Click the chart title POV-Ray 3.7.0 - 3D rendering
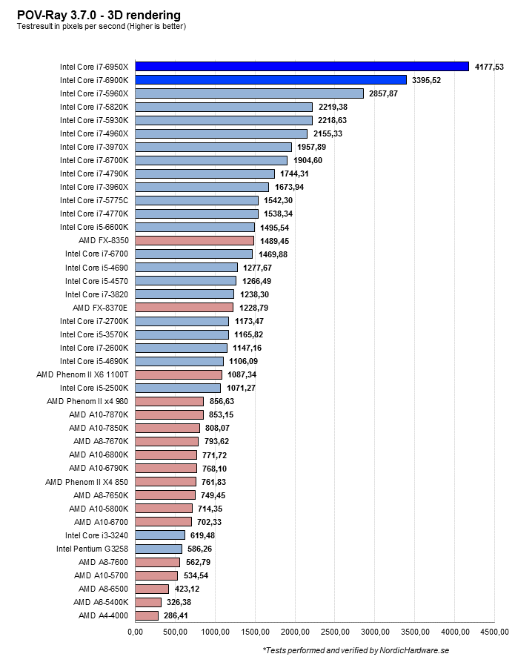tap(99, 15)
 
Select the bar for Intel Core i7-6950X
tap(302, 67)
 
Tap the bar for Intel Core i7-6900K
tap(270, 80)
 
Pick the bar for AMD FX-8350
tap(194, 241)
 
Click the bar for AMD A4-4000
tap(147, 615)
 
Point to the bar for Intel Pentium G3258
tap(159, 549)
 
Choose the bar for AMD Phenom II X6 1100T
tap(179, 374)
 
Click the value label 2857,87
tap(383, 93)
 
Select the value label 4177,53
tap(488, 67)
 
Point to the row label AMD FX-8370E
tap(100, 308)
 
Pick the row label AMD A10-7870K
tap(99, 414)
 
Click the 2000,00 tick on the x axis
tap(295, 632)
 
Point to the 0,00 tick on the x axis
tap(135, 632)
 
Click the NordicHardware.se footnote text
tap(356, 650)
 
